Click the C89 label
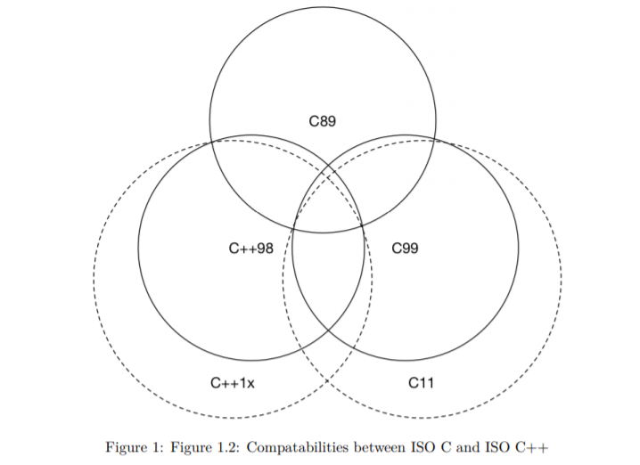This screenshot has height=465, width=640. tap(323, 122)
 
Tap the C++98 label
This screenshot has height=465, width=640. tap(251, 249)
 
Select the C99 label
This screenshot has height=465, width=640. tap(405, 249)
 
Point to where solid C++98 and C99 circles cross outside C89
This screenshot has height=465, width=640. tap(328, 330)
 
